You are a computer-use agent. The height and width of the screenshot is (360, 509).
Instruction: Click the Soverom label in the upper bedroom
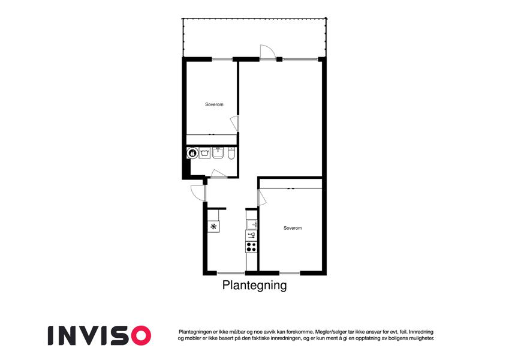pyautogui.click(x=214, y=104)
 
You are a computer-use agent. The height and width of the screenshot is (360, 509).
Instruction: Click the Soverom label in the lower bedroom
pyautogui.click(x=293, y=228)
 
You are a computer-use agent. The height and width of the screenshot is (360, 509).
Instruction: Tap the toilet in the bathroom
pyautogui.click(x=231, y=153)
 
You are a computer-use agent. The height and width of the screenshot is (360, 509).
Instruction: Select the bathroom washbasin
pyautogui.click(x=218, y=153)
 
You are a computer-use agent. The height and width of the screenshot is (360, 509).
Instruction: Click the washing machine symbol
pyautogui.click(x=204, y=153)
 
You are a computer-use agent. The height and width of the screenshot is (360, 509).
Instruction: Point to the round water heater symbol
pyautogui.click(x=192, y=153)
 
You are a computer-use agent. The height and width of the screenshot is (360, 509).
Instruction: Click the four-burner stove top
pyautogui.click(x=251, y=247)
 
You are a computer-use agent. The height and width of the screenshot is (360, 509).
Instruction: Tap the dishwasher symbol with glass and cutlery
pyautogui.click(x=251, y=236)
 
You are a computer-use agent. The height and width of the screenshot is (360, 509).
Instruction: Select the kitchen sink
pyautogui.click(x=251, y=224)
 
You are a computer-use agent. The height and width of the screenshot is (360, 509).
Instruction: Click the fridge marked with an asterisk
pyautogui.click(x=213, y=226)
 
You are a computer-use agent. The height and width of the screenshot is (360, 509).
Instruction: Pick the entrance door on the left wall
pyautogui.click(x=198, y=193)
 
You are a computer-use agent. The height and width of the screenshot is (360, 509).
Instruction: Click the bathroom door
pyautogui.click(x=218, y=173)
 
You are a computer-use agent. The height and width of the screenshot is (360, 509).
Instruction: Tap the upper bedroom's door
pyautogui.click(x=234, y=124)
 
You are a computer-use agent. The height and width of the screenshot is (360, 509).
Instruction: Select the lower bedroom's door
pyautogui.click(x=261, y=198)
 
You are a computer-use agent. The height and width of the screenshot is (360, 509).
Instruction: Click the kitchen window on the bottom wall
pyautogui.click(x=231, y=273)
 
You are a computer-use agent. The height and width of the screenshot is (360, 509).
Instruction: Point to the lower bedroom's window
pyautogui.click(x=290, y=273)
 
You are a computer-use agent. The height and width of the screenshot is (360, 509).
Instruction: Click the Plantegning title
pyautogui.click(x=254, y=285)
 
